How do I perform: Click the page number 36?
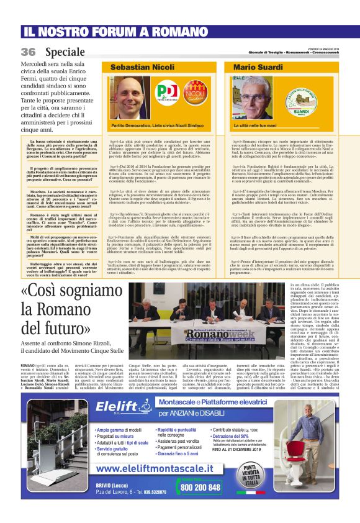28,52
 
